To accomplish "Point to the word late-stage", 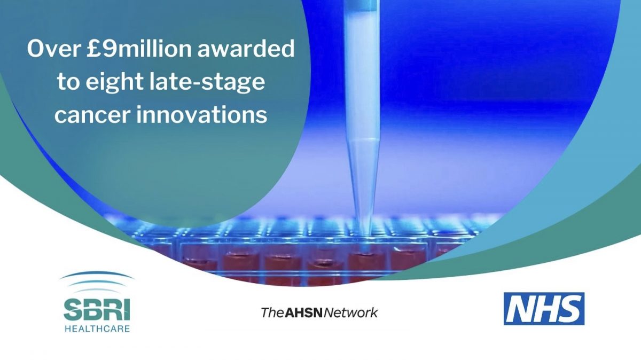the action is pyautogui.click(x=207, y=82).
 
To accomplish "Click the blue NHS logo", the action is pyautogui.click(x=544, y=309).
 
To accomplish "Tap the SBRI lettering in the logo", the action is pyautogui.click(x=97, y=310).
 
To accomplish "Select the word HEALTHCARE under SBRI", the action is pyautogui.click(x=97, y=328).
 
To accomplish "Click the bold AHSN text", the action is pyautogui.click(x=303, y=313).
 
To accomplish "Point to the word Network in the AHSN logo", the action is pyautogui.click(x=350, y=313).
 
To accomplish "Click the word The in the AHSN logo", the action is pyautogui.click(x=272, y=313).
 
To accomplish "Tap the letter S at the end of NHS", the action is pyautogui.click(x=568, y=309).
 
